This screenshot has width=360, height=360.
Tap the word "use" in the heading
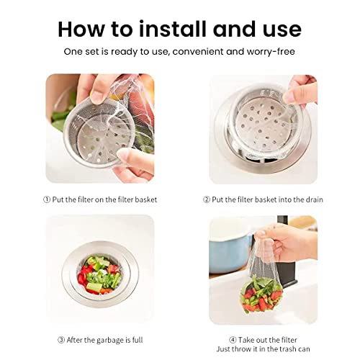pyautogui.click(x=278, y=29)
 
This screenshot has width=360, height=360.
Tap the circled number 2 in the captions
pyautogui.click(x=206, y=199)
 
